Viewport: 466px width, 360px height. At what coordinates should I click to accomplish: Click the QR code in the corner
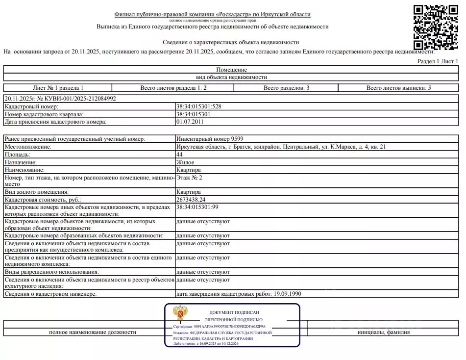436,27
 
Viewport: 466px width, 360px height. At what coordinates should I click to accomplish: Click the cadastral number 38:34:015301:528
198,107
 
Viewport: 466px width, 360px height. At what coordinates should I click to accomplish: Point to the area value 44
179,154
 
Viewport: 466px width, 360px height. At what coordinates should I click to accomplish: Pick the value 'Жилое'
185,162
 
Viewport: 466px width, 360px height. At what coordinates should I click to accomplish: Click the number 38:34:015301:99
197,207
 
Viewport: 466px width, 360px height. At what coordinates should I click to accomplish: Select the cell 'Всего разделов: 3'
286,88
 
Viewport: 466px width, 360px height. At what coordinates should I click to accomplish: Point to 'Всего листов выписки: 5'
399,88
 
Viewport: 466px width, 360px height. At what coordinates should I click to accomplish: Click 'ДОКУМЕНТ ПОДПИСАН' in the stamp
234,312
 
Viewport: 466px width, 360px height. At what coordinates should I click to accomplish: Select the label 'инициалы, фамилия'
384,332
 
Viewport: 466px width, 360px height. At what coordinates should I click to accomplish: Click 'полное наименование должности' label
93,332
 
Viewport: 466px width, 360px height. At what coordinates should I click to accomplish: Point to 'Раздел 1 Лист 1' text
438,61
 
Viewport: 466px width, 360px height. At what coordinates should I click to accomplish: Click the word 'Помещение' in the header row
231,70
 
